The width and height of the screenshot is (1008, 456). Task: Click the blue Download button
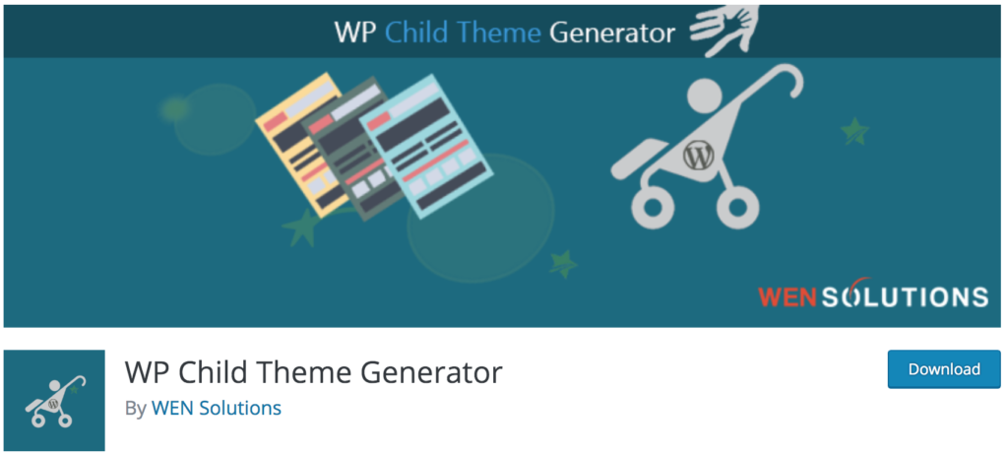(944, 369)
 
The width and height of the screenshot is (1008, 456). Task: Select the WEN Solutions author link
(216, 408)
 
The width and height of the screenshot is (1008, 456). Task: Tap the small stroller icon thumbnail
(54, 400)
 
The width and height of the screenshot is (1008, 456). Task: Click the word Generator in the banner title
(611, 33)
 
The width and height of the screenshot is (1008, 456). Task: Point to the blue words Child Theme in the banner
(463, 33)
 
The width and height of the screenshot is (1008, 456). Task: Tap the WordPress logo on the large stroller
(698, 155)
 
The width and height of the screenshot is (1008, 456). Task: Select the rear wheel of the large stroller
(737, 207)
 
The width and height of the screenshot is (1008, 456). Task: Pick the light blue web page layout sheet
(426, 146)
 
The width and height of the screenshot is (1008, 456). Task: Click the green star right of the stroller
(855, 131)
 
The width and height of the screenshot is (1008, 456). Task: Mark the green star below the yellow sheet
(301, 228)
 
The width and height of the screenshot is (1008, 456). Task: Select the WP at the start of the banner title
(354, 33)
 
